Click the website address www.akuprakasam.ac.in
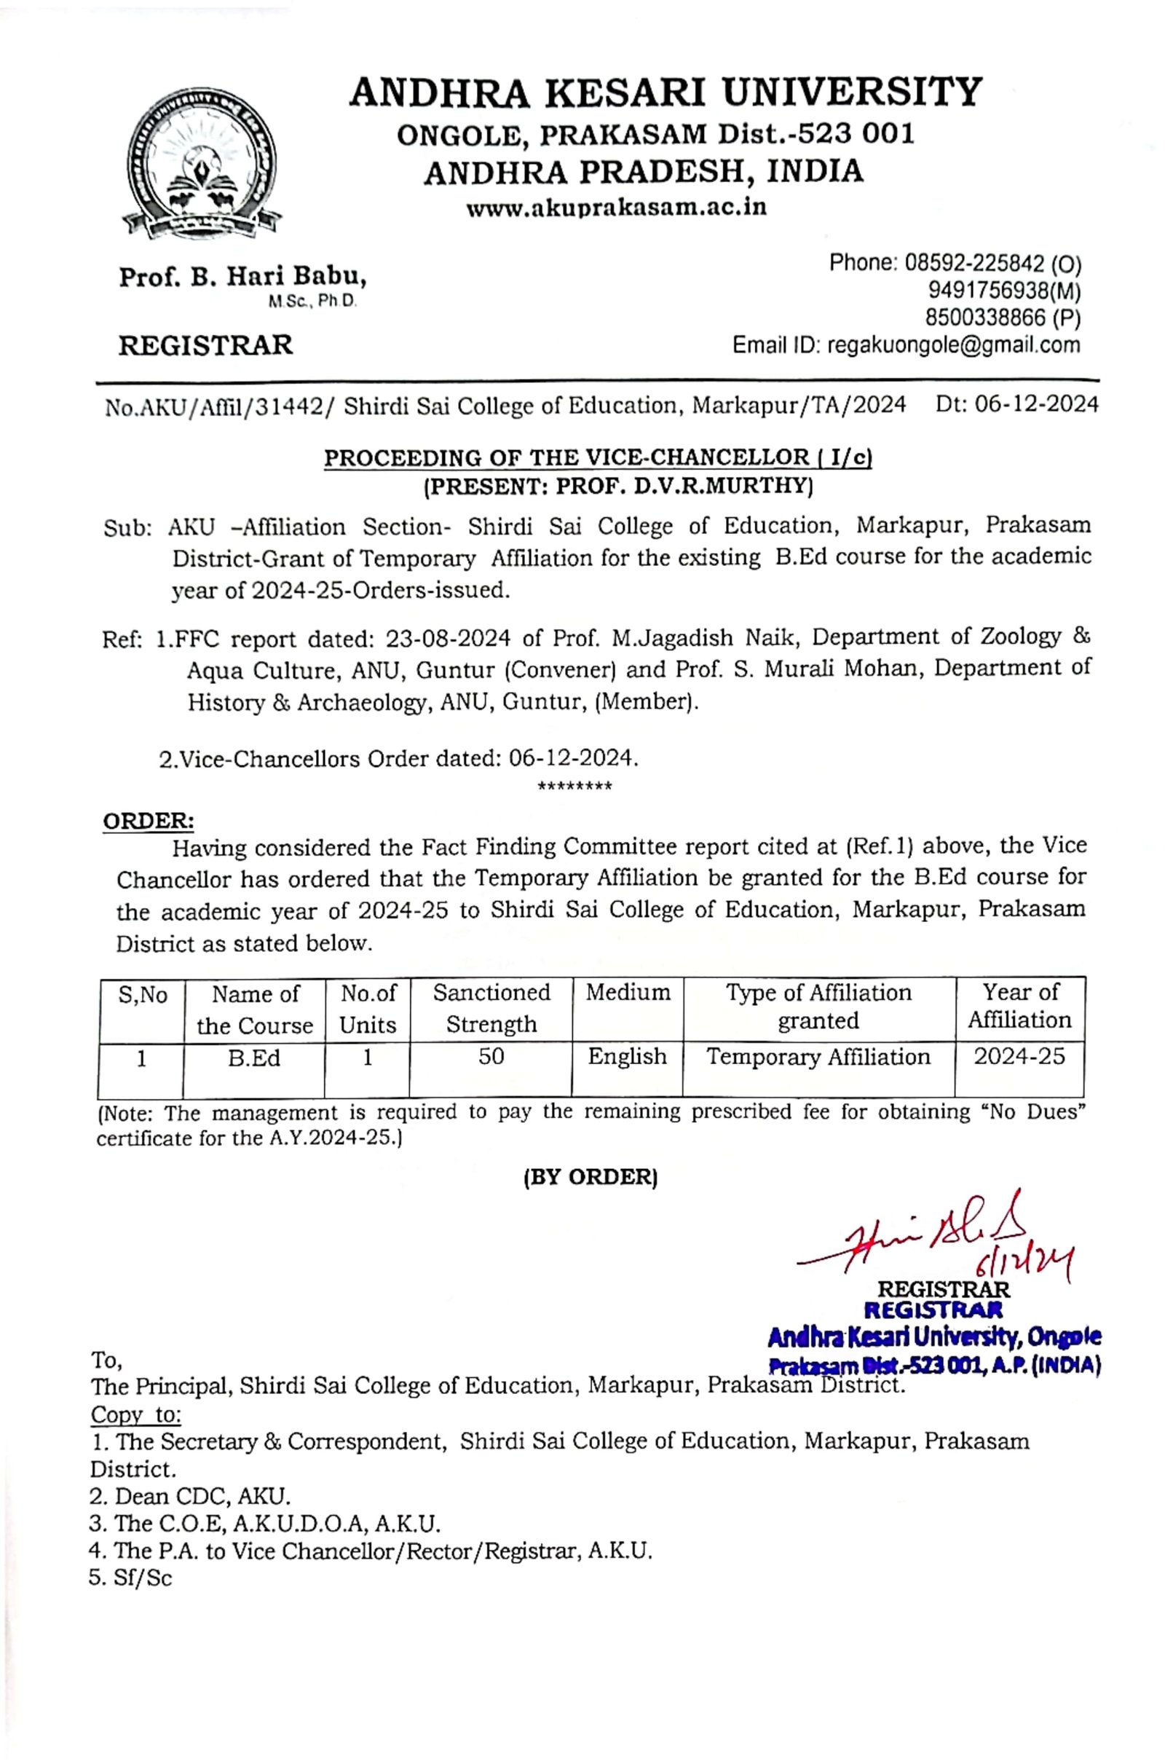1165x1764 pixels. click(616, 207)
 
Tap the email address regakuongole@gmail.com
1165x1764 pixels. click(953, 344)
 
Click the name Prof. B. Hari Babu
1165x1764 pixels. click(242, 277)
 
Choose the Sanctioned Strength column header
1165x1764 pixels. click(491, 1007)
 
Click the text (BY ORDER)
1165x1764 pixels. click(591, 1177)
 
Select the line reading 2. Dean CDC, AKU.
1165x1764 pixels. click(190, 1496)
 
